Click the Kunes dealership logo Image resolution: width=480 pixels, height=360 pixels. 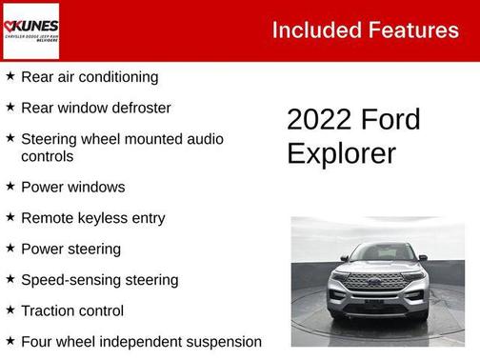pyautogui.click(x=31, y=30)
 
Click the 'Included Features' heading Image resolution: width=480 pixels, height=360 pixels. pyautogui.click(x=365, y=30)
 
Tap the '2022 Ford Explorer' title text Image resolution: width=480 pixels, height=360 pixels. pyautogui.click(x=353, y=135)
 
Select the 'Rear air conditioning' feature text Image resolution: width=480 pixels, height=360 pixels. pyautogui.click(x=90, y=77)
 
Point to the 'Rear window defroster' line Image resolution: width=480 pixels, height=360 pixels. pyautogui.click(x=95, y=108)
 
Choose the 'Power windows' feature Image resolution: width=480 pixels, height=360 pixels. pyautogui.click(x=72, y=187)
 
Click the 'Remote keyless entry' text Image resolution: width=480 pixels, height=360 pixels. pyautogui.click(x=92, y=218)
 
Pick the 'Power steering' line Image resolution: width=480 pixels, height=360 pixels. pyautogui.click(x=70, y=249)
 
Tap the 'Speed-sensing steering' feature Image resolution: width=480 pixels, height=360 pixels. pyautogui.click(x=99, y=280)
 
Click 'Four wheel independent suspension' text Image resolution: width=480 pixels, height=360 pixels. pyautogui.click(x=141, y=341)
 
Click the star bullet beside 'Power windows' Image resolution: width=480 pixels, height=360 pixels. pyautogui.click(x=10, y=186)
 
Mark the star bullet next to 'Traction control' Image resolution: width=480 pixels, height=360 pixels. pyautogui.click(x=10, y=310)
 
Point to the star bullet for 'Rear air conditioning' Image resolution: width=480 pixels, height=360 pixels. pyautogui.click(x=10, y=76)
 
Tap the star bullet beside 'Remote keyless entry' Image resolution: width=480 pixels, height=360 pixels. pyautogui.click(x=10, y=217)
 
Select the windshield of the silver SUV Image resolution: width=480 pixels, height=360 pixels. pyautogui.click(x=378, y=253)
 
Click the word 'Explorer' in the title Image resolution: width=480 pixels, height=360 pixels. pyautogui.click(x=341, y=152)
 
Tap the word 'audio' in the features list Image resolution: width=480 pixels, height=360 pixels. pyautogui.click(x=205, y=139)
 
